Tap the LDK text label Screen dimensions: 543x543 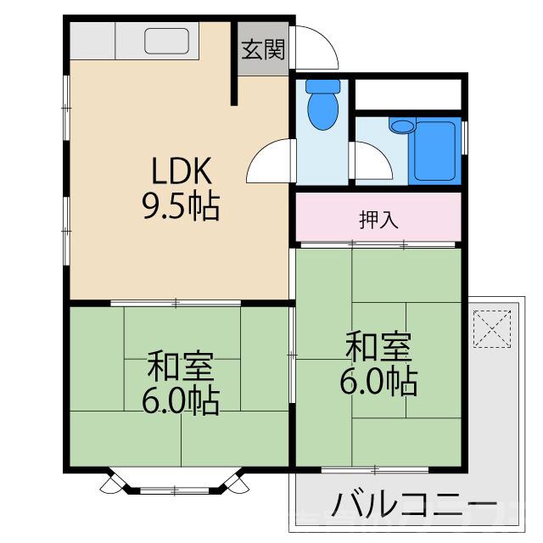click(x=180, y=172)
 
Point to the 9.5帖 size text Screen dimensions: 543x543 click(x=180, y=206)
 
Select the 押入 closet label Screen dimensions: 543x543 click(x=378, y=219)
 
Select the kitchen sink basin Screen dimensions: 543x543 click(x=167, y=41)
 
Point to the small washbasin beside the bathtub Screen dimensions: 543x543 click(x=402, y=126)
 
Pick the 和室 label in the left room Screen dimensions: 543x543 click(x=180, y=367)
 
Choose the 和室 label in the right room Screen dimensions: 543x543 click(x=378, y=348)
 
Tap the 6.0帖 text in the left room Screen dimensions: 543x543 click(x=180, y=399)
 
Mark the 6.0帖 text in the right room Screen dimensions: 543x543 click(x=378, y=382)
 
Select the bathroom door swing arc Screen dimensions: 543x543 click(x=370, y=161)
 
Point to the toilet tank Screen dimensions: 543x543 click(x=321, y=87)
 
